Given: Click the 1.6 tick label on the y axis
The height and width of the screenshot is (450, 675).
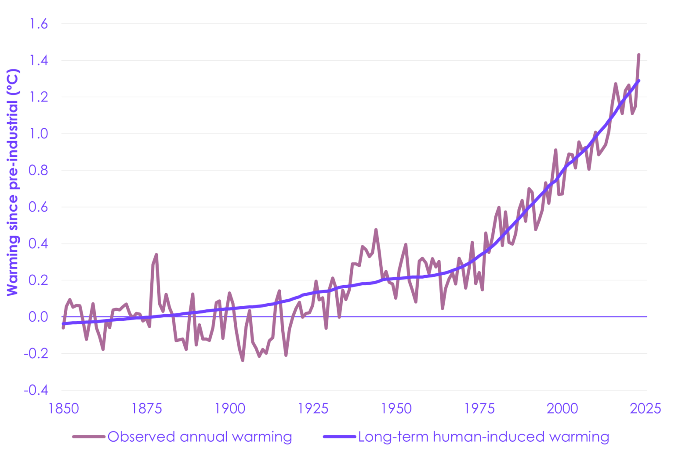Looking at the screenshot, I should [x=38, y=24].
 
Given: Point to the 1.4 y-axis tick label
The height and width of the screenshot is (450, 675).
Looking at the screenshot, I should [x=38, y=60].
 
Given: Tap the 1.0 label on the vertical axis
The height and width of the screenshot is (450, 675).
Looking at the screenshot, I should [x=38, y=134].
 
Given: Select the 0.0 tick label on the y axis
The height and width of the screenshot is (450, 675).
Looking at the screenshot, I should [x=38, y=317].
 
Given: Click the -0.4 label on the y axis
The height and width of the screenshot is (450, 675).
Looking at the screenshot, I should [x=36, y=390].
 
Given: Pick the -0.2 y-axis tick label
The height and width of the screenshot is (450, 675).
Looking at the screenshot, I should [x=36, y=353].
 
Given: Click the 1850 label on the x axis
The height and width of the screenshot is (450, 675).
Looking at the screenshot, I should [x=64, y=409].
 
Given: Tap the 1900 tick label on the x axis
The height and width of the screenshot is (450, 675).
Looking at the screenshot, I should [x=230, y=409].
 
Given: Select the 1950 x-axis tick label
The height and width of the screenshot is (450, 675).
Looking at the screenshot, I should [x=396, y=409].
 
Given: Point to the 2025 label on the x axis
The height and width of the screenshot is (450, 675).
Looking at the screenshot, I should [x=645, y=409].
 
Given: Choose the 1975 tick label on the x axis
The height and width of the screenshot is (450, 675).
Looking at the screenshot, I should [x=479, y=409].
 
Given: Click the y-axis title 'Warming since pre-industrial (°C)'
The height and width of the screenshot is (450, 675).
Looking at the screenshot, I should [x=13, y=182].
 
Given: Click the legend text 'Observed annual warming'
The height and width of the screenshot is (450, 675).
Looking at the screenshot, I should [x=200, y=437].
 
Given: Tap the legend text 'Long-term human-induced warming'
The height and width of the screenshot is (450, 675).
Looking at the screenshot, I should [x=483, y=437].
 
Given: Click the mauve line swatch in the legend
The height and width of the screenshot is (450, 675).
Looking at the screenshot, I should [x=89, y=437].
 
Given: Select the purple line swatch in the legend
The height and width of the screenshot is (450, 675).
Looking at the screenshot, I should [x=339, y=437].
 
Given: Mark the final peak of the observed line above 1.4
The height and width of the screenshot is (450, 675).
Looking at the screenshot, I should [x=639, y=55].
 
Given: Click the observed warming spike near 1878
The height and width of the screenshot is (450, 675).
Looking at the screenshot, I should [x=156, y=254].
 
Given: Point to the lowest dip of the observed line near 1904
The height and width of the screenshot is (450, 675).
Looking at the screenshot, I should [x=243, y=360].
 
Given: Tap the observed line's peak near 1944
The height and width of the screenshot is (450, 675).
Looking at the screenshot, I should [x=376, y=229].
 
